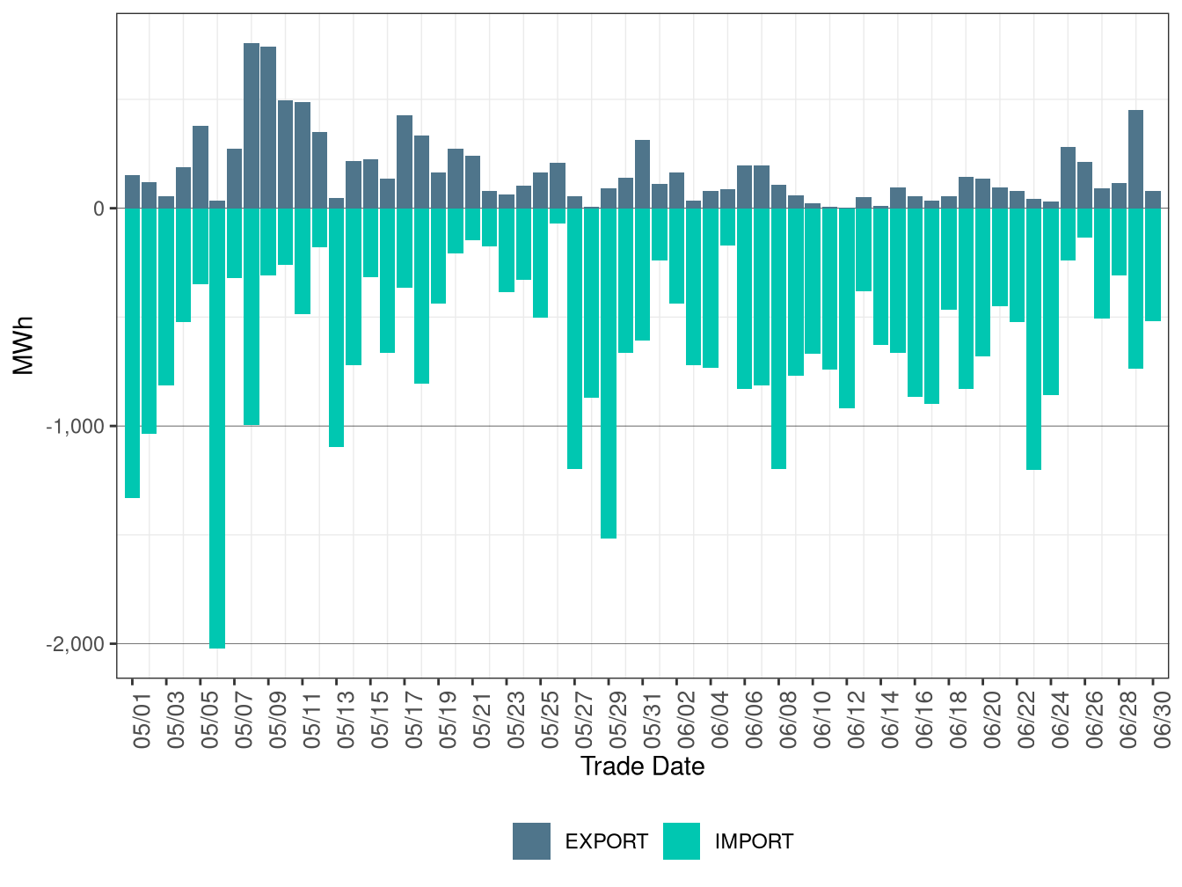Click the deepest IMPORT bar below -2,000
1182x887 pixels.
click(x=217, y=429)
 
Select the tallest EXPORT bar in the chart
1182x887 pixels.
click(x=252, y=126)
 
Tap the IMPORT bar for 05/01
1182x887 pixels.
click(x=133, y=353)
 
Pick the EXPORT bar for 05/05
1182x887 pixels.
click(x=201, y=167)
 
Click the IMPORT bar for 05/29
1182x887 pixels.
click(x=609, y=373)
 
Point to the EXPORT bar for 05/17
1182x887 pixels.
click(x=405, y=162)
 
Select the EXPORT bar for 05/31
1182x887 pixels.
click(x=642, y=174)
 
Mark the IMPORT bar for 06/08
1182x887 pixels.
click(x=778, y=338)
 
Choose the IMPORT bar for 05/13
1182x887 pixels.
click(x=337, y=327)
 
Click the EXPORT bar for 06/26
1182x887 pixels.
click(x=1084, y=186)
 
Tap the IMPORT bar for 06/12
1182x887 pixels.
click(x=847, y=308)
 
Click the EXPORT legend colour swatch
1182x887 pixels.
click(x=531, y=841)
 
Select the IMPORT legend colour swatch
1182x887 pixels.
click(x=682, y=841)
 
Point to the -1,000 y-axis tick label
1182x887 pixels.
click(x=75, y=427)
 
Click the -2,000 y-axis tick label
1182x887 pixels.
click(x=75, y=644)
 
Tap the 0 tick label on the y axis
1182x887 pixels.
click(x=98, y=209)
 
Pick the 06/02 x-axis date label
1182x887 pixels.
click(x=685, y=720)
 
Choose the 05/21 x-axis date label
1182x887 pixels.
click(x=481, y=720)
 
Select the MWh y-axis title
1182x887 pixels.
click(x=23, y=346)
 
